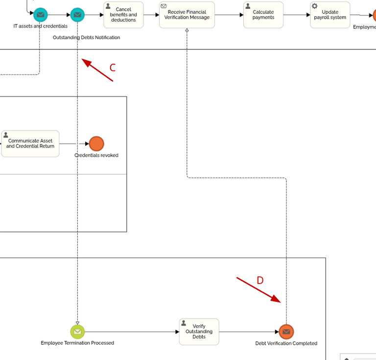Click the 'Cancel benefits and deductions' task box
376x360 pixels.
tap(123, 15)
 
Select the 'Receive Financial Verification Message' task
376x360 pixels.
tap(187, 15)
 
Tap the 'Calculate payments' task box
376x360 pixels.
tap(263, 15)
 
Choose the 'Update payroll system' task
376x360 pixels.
tap(330, 15)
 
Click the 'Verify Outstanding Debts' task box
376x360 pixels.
tap(199, 332)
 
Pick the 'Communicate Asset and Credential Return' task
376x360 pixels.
tap(30, 144)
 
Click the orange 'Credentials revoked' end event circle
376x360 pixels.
tap(96, 144)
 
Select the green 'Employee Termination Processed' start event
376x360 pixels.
tap(77, 332)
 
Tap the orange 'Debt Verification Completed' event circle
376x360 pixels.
tap(286, 332)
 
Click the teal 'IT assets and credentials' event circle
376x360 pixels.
tap(41, 15)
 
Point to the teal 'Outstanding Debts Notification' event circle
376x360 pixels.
tap(77, 15)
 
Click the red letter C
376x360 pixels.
tap(113, 68)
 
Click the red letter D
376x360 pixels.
tap(260, 280)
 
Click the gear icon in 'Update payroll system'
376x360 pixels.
tap(315, 6)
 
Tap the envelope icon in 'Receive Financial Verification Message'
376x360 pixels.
tap(164, 6)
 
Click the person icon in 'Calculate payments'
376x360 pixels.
tap(248, 6)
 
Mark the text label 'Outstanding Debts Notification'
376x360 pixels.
tap(86, 37)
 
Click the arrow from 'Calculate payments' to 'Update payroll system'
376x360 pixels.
tap(296, 15)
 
